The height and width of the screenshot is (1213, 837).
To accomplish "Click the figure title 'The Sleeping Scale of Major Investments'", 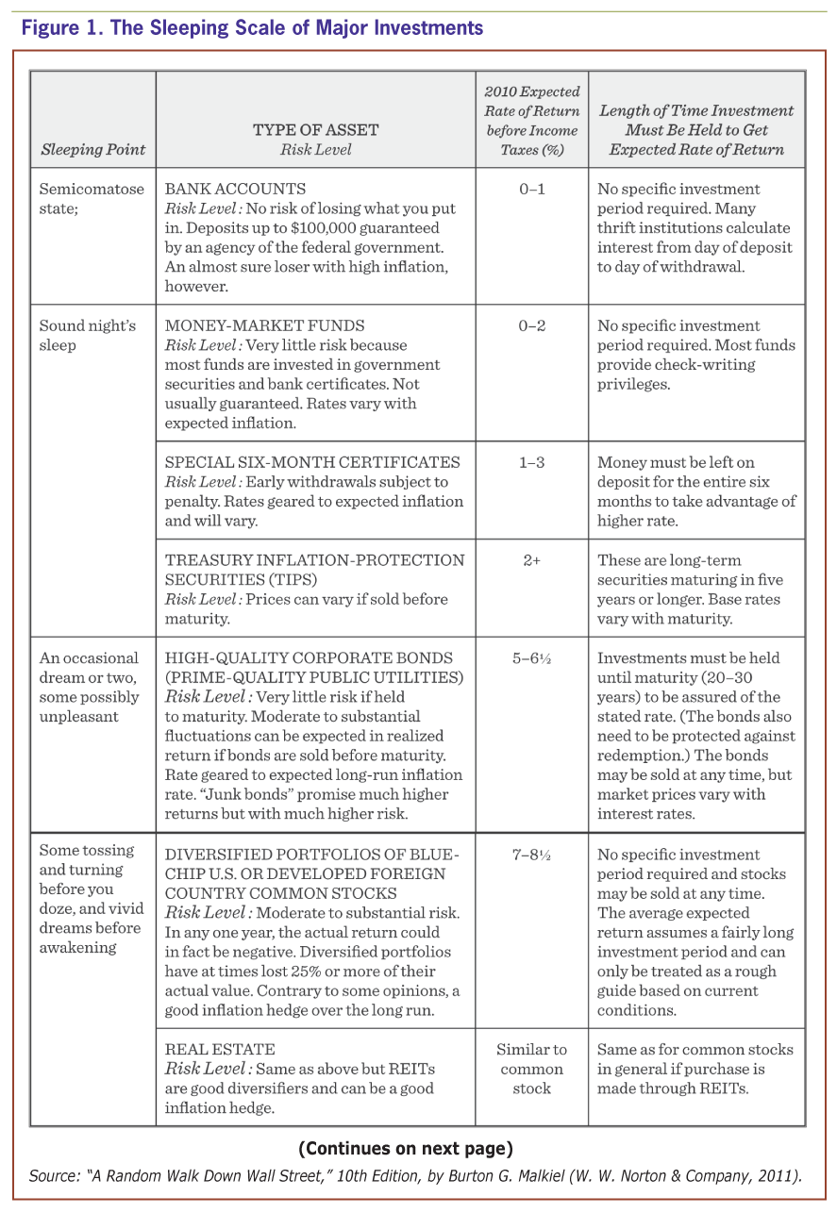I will coord(296,28).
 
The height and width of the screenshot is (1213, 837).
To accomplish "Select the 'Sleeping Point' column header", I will coord(93,149).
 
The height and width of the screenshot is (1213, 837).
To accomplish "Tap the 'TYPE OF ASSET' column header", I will coord(315,130).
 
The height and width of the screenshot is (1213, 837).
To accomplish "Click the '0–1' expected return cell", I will coord(531,189).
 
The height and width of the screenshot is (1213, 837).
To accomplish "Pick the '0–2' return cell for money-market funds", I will coord(531,325).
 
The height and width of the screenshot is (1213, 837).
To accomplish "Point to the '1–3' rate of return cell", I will coord(531,462).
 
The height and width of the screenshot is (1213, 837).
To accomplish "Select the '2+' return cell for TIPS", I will coord(531,560).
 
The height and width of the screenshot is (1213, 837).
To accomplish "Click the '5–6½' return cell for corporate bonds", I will coord(531,658).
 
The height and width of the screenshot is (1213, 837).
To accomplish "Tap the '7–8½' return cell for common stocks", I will coord(531,855).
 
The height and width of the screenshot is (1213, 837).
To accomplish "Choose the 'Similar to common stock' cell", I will coord(531,1069).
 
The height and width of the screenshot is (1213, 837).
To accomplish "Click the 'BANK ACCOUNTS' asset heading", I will coord(235,189).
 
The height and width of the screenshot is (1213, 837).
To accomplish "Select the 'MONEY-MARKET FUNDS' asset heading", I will coord(264,325).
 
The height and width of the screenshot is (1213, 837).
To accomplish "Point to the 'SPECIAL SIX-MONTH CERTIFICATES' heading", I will coord(312,462).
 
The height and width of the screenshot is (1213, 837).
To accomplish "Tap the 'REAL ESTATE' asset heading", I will coord(220,1049).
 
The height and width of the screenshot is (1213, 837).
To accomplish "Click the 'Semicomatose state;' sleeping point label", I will coord(92,198).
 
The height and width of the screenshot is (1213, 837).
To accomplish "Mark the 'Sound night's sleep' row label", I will coord(87,335).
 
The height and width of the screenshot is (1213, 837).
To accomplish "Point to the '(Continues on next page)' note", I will coord(406,1149).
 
